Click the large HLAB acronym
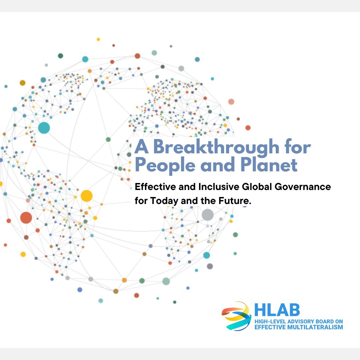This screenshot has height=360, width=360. [277, 310]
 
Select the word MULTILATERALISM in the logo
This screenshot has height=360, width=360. [311, 327]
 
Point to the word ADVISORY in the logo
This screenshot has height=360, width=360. [296, 321]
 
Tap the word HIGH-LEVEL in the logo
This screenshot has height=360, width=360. [268, 321]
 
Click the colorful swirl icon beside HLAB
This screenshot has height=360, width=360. [236, 316]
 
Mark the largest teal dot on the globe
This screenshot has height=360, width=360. [44, 128]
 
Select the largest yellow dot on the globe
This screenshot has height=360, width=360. [86, 196]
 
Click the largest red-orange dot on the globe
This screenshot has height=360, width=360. [26, 218]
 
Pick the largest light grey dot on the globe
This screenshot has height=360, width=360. [207, 215]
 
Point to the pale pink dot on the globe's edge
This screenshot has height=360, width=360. [231, 102]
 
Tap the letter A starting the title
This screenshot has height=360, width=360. [140, 147]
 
